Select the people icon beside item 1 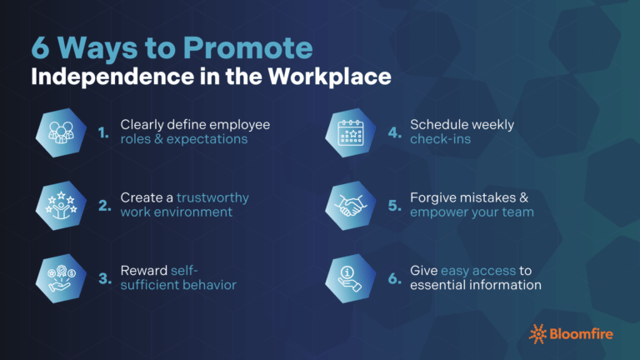click(64, 132)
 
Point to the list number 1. click(103, 132)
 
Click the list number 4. click(394, 132)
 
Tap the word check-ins click(441, 139)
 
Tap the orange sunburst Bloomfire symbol click(538, 333)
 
